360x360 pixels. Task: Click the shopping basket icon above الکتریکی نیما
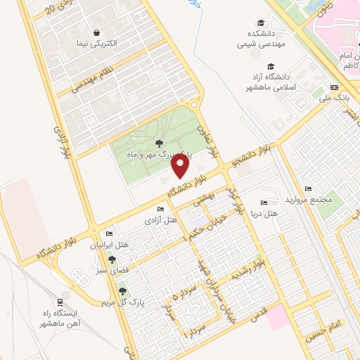point(97,32)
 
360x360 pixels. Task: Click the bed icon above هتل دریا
point(264,202)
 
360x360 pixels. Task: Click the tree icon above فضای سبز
point(112,259)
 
